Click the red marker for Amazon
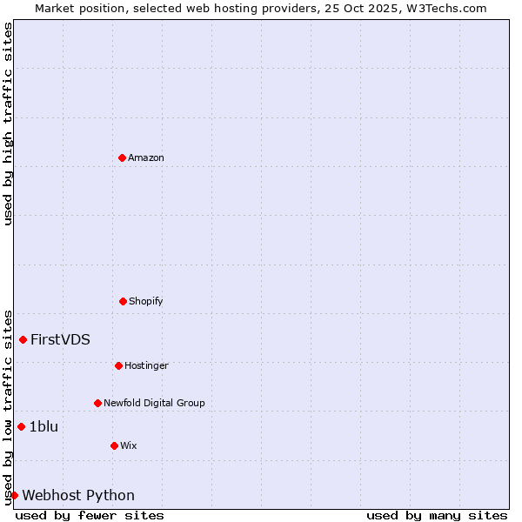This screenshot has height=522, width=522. (x=123, y=157)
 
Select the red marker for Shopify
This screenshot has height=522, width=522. (x=123, y=301)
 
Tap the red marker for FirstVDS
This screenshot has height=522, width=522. (x=23, y=339)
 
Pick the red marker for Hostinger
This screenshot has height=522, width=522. (x=118, y=365)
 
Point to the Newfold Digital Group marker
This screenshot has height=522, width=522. (x=98, y=403)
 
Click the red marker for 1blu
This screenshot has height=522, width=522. (x=22, y=426)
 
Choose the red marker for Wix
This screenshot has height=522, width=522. (x=114, y=445)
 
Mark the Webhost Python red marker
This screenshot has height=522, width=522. (x=14, y=495)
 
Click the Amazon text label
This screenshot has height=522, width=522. (x=146, y=157)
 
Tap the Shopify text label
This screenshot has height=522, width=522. (x=146, y=301)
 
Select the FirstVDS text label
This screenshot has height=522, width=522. (x=60, y=339)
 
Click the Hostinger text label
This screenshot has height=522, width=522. (x=146, y=365)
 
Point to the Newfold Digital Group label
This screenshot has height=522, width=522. (x=154, y=403)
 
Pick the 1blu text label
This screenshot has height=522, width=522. (x=43, y=426)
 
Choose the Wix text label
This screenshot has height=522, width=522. (x=129, y=445)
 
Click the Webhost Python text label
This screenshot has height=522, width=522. (x=78, y=495)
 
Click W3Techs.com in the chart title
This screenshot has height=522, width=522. (x=449, y=8)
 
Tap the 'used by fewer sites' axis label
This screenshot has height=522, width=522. (x=90, y=515)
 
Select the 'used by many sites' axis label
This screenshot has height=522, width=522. (x=437, y=515)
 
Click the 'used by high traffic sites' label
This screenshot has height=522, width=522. (x=8, y=124)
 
